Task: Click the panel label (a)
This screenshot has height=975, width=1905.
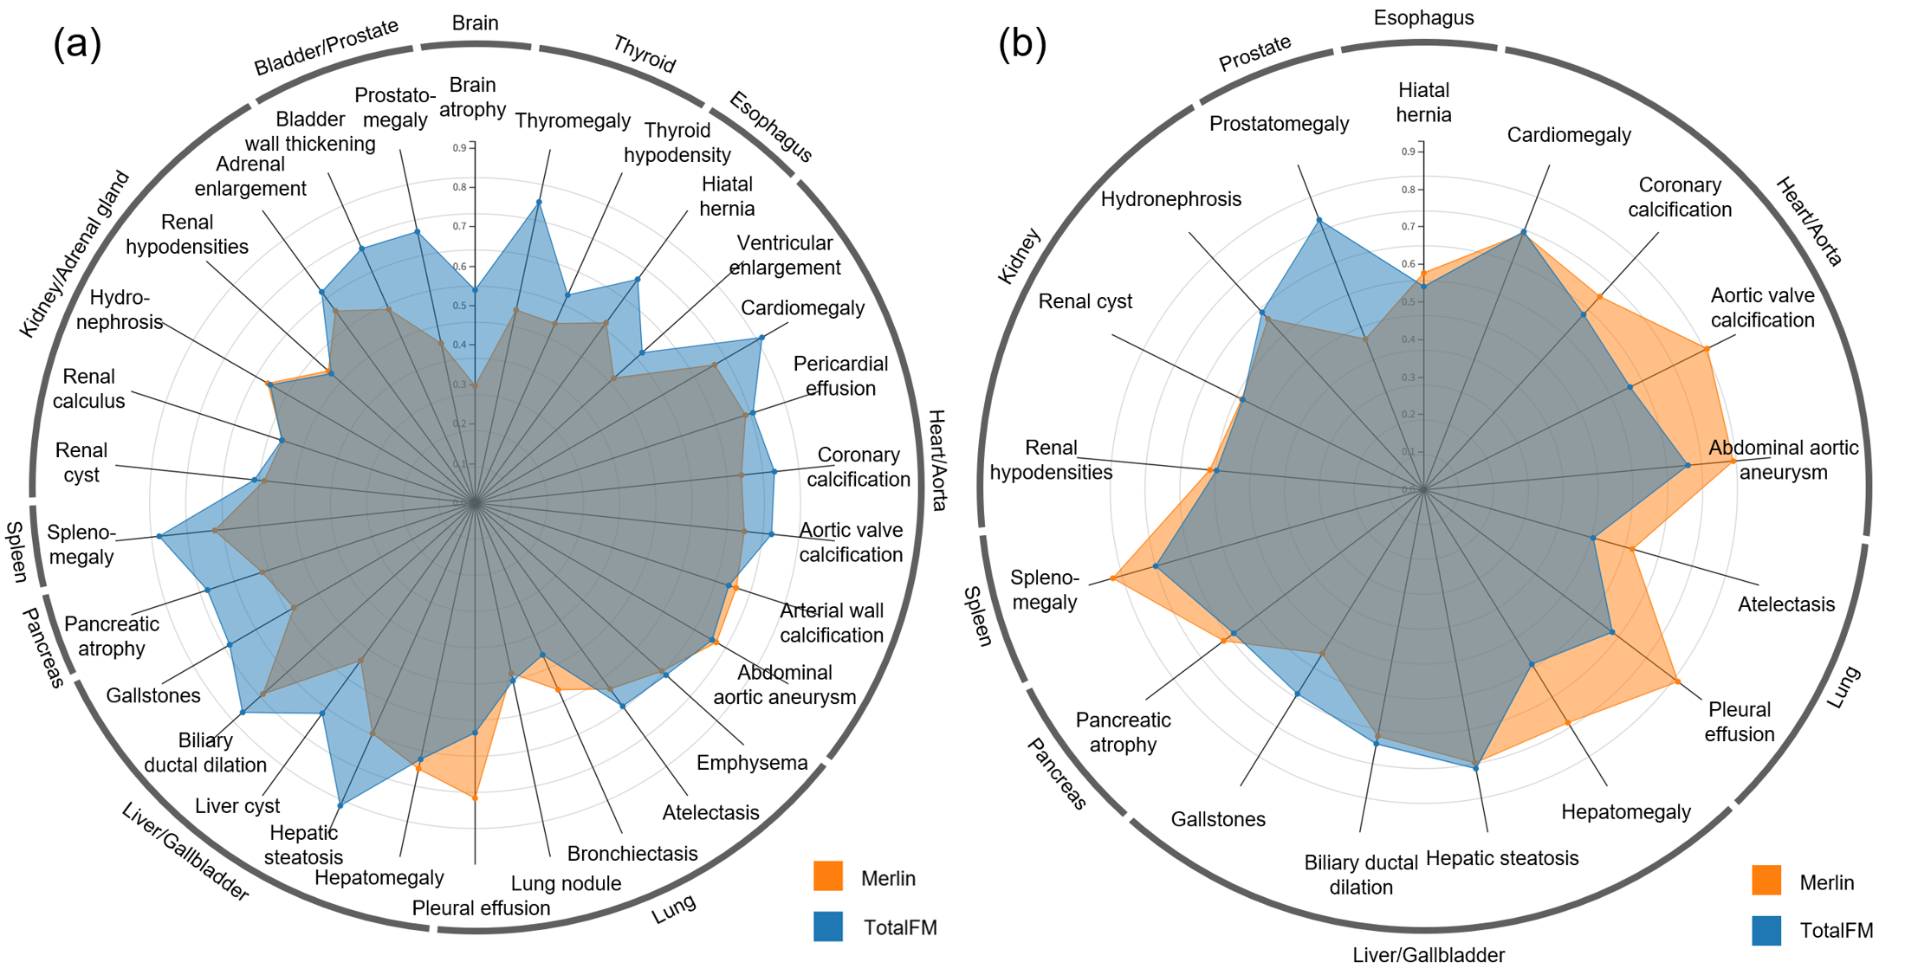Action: coord(77,43)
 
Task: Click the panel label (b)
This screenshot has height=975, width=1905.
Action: coord(1021,43)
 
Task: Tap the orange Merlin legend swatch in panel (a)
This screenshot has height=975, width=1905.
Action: coord(828,876)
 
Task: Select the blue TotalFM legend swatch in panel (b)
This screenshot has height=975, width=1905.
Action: coord(1766,930)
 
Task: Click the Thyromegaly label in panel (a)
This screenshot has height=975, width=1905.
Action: coord(573,121)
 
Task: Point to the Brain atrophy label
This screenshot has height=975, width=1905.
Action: coord(472,97)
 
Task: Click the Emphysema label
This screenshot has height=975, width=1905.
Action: coord(752,763)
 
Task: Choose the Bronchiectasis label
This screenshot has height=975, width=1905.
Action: coord(632,854)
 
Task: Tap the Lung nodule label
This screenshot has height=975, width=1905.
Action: coord(566,883)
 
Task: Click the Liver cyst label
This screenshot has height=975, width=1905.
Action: coord(237,806)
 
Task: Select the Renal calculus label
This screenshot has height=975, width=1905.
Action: coord(89,389)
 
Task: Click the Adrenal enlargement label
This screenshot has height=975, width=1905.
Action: coord(250,177)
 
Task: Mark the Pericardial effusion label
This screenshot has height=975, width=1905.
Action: coord(840,376)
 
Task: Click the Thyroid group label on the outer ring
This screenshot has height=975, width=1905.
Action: coord(644,54)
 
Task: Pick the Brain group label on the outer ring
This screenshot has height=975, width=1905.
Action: coord(475,23)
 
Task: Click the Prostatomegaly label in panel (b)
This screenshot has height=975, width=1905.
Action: coord(1279,124)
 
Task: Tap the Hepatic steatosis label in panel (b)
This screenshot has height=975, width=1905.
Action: coord(1502,858)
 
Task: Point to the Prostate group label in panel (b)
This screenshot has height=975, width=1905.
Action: coord(1254,53)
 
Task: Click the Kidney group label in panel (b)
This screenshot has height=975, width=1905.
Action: coord(1019,256)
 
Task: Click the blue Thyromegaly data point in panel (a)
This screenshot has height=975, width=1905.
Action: coord(539,203)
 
